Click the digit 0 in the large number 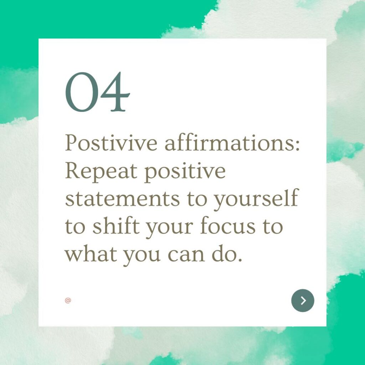(x=82, y=92)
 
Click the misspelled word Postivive (x=111, y=143)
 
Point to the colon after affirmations (x=297, y=145)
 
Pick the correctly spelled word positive (x=185, y=171)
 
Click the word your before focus (x=169, y=228)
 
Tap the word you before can (x=142, y=256)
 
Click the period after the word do (x=240, y=259)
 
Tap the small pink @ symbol (x=68, y=300)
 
